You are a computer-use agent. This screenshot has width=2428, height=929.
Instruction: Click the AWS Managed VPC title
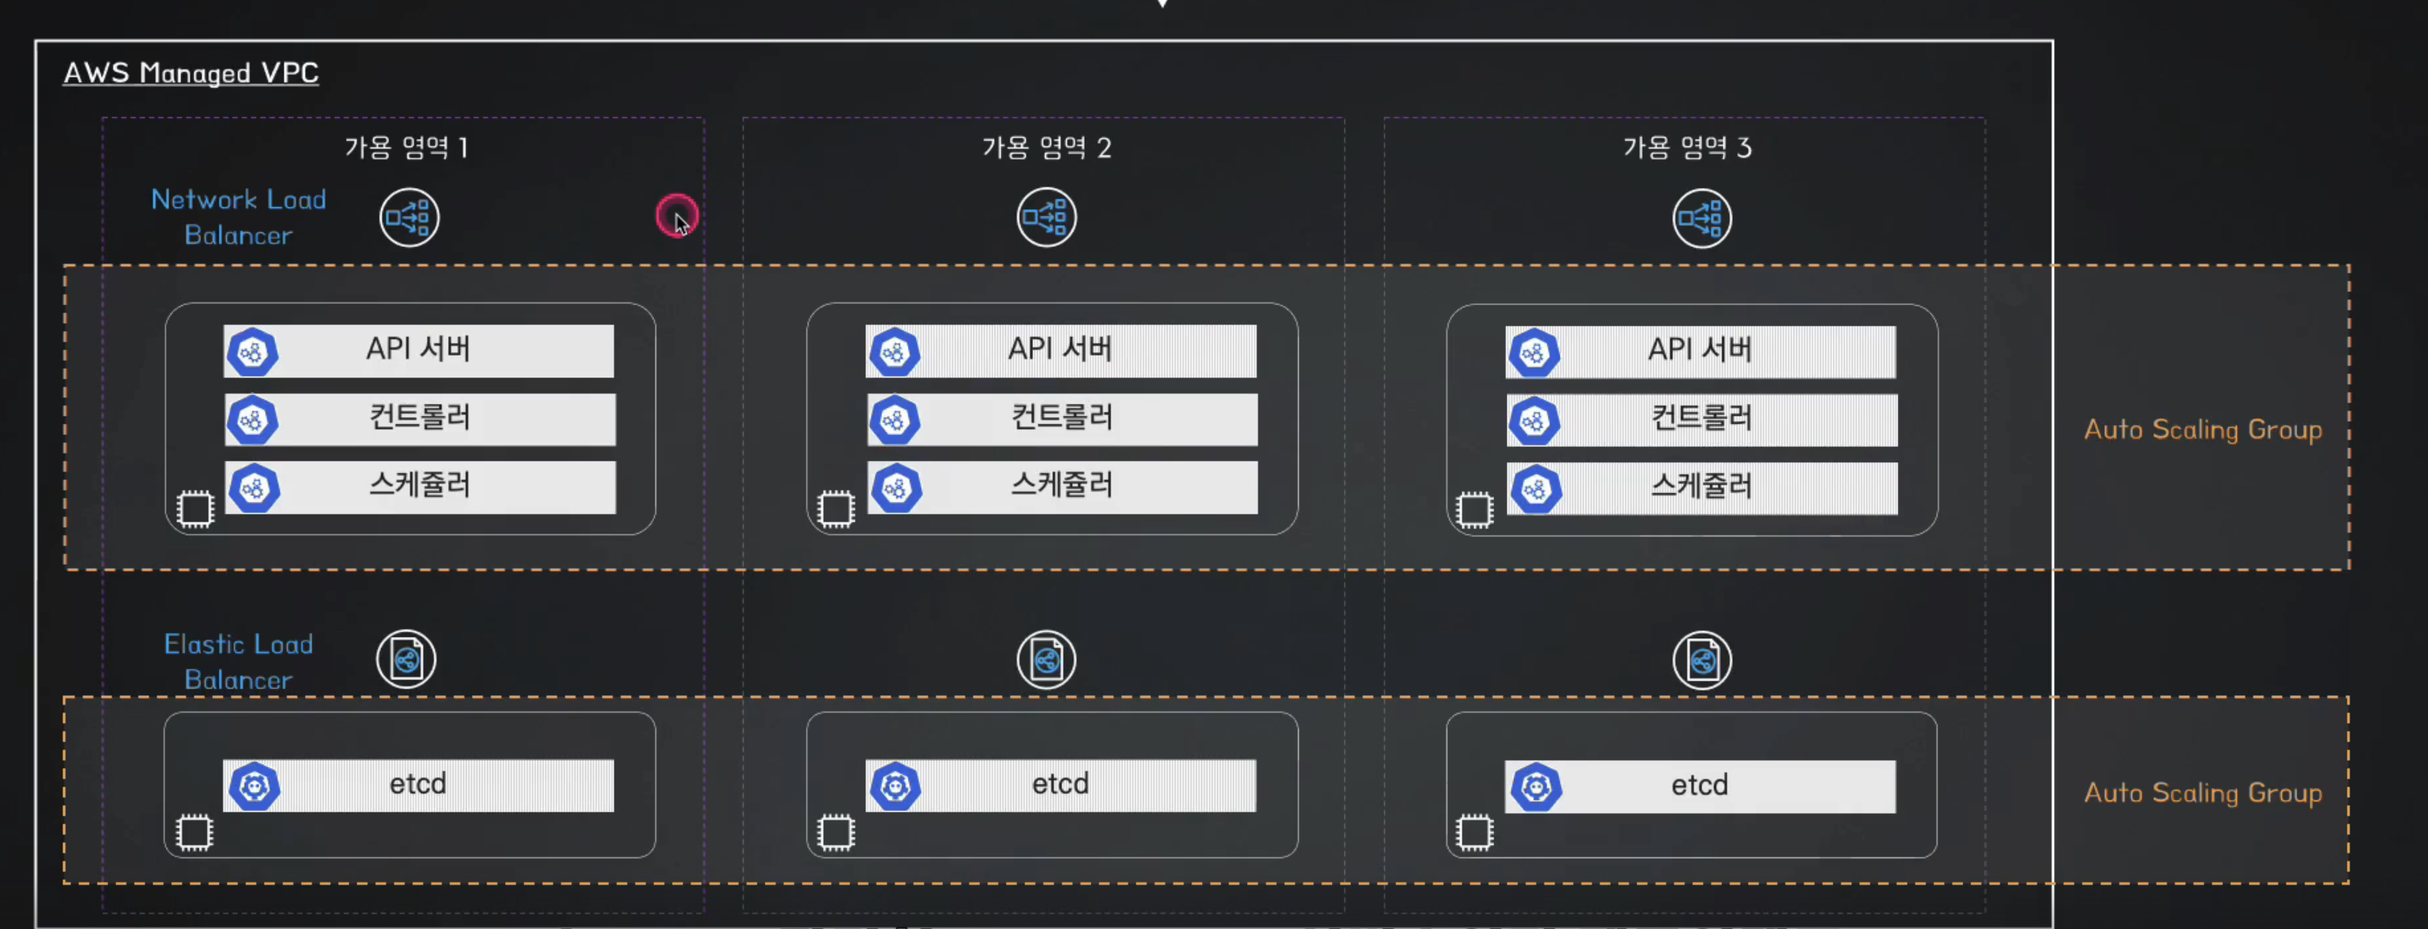(191, 73)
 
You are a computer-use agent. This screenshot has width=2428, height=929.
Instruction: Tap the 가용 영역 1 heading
(405, 147)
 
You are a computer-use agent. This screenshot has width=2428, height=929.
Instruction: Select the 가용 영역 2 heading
(1046, 147)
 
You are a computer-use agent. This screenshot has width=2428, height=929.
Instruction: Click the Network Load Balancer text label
(239, 217)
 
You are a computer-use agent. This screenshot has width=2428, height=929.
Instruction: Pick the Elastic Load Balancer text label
(239, 662)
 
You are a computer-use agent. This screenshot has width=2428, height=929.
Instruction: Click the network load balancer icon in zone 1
(409, 218)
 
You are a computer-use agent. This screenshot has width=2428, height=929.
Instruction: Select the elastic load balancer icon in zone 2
(1046, 660)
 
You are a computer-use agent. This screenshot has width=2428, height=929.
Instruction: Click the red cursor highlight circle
(676, 216)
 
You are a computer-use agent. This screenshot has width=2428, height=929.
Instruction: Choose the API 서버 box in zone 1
(418, 350)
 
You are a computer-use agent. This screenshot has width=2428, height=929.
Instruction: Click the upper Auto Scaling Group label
(2203, 430)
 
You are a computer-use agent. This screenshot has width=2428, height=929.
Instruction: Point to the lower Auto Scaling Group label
(2203, 793)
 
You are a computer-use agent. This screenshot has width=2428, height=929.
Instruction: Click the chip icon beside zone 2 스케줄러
(835, 509)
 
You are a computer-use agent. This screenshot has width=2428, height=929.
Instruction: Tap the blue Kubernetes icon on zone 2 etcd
(895, 786)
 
